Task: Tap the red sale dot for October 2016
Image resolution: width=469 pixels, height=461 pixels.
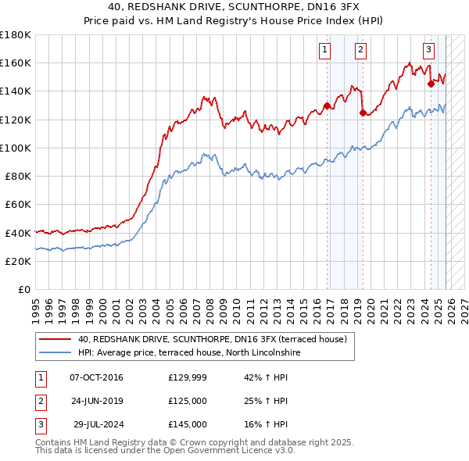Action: [x=326, y=106]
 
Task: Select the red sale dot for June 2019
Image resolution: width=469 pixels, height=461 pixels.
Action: [x=363, y=113]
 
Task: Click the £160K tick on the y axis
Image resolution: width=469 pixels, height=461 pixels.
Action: [x=16, y=63]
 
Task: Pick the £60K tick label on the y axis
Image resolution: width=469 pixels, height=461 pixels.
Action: [x=18, y=204]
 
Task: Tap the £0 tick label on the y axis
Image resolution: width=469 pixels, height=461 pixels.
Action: [x=24, y=289]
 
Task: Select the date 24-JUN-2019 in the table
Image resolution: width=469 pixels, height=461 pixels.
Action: [x=97, y=402]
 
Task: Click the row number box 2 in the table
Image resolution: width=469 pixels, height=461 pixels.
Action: [x=38, y=402]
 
